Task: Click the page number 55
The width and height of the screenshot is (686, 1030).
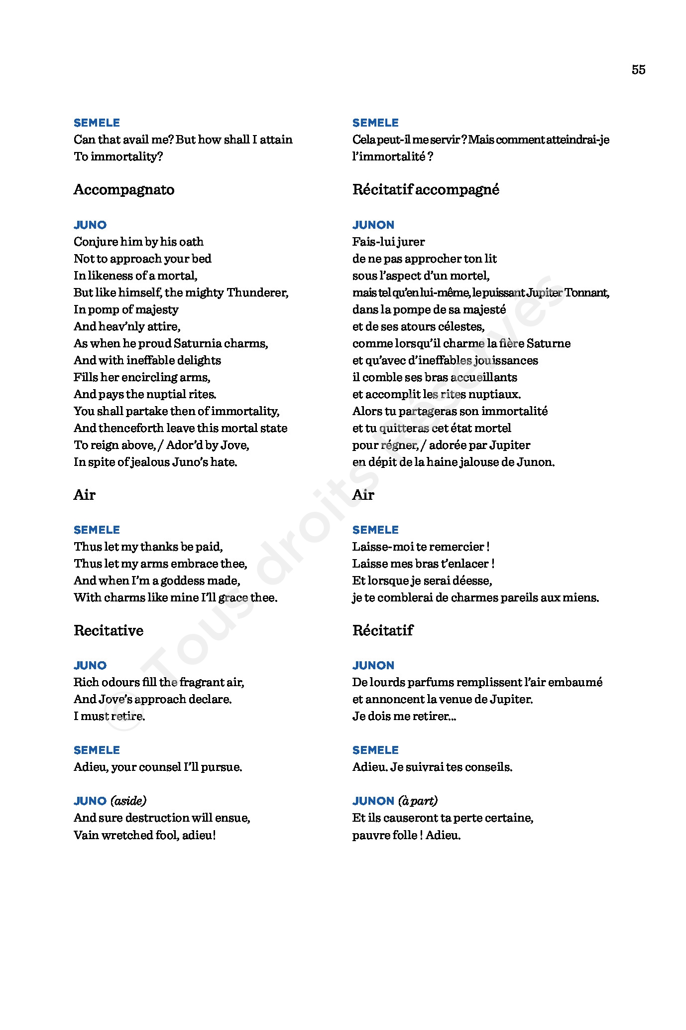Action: point(638,70)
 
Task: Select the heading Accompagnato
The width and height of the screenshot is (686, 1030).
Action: point(124,190)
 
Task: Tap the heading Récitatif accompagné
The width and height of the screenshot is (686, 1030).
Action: point(426,190)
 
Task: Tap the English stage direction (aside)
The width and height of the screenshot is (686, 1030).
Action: point(128,801)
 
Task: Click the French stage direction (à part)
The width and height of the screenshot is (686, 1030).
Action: point(418,801)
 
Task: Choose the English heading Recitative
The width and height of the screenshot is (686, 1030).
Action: point(109,631)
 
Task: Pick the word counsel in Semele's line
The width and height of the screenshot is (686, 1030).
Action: point(158,767)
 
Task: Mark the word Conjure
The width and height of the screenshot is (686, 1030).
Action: point(96,242)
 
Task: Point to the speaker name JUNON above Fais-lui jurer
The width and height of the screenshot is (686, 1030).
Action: point(373,225)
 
